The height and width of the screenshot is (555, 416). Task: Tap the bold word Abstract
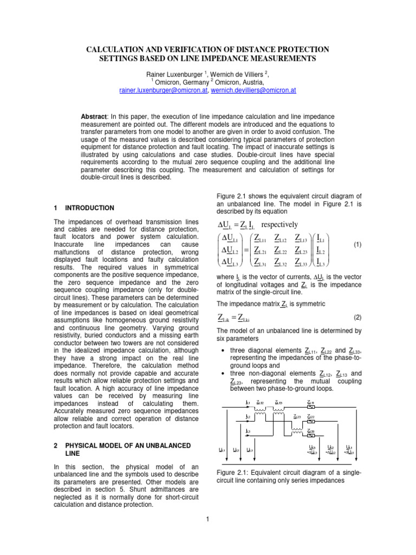(x=94, y=117)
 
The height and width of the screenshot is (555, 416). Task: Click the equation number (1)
(x=357, y=245)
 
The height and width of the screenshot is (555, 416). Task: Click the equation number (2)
(x=357, y=316)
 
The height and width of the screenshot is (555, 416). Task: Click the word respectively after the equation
(x=279, y=224)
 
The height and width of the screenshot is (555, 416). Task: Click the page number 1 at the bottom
(x=207, y=521)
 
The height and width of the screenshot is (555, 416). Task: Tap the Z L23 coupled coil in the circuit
(x=296, y=421)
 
